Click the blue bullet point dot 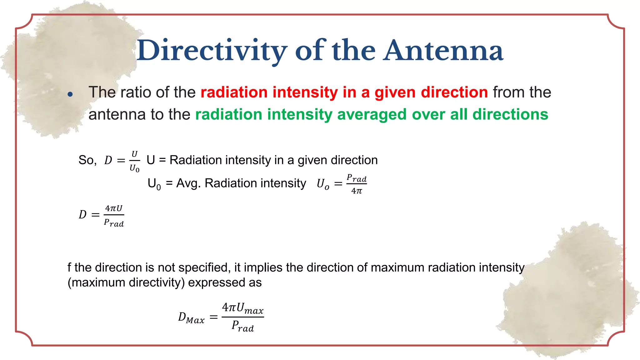[70, 94]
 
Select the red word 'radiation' [234, 92]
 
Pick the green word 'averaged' [372, 114]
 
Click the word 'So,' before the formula [87, 160]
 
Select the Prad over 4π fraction [356, 184]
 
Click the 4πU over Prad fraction [114, 215]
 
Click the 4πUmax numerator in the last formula [242, 308]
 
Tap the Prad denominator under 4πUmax [242, 326]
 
